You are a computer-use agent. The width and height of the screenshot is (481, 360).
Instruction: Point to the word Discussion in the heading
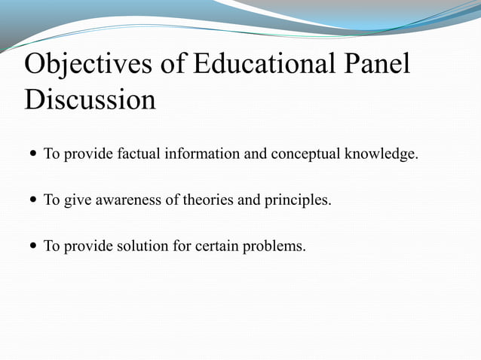pos(90,99)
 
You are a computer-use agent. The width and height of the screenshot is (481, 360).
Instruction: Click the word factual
pos(137,155)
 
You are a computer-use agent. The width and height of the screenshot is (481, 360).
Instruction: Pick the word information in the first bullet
pos(200,155)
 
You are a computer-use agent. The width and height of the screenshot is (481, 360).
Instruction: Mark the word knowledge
pos(381,155)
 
